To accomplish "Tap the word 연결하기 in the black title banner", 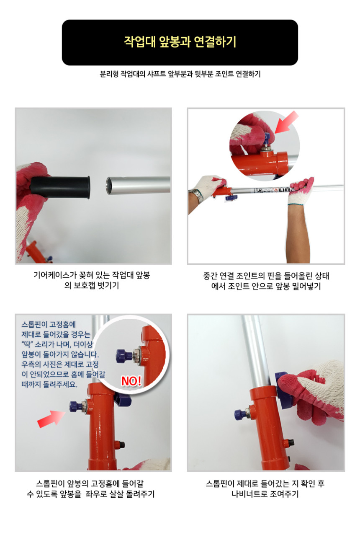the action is (215, 42).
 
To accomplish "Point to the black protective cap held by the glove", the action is (61, 187).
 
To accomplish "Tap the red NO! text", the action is (131, 381).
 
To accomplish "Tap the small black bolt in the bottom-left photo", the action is (121, 445).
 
